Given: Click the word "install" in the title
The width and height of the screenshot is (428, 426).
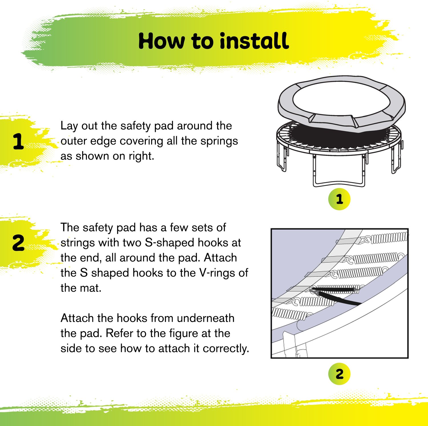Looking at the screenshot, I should (x=254, y=41).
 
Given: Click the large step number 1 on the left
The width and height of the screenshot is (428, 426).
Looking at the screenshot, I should (x=18, y=142).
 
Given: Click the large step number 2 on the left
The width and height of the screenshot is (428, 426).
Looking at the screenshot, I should (x=18, y=243).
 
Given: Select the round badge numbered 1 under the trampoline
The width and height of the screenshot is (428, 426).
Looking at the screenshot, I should (x=339, y=199).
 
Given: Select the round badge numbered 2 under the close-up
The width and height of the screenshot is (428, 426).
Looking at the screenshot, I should (x=339, y=374).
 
